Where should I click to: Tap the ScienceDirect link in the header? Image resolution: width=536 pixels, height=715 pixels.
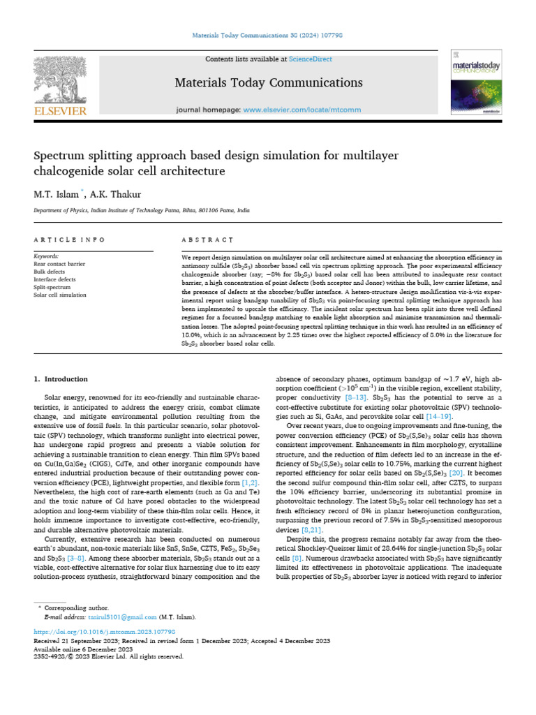pos(312,59)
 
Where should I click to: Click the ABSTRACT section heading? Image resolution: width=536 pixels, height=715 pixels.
pos(207,239)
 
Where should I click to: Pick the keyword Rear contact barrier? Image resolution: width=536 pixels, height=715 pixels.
pos(58,265)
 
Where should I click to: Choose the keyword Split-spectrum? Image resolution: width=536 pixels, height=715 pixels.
pos(52,288)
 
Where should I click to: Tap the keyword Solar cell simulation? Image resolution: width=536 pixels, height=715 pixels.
pos(60,295)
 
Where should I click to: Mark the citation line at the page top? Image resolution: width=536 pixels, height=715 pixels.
pos(267,35)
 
